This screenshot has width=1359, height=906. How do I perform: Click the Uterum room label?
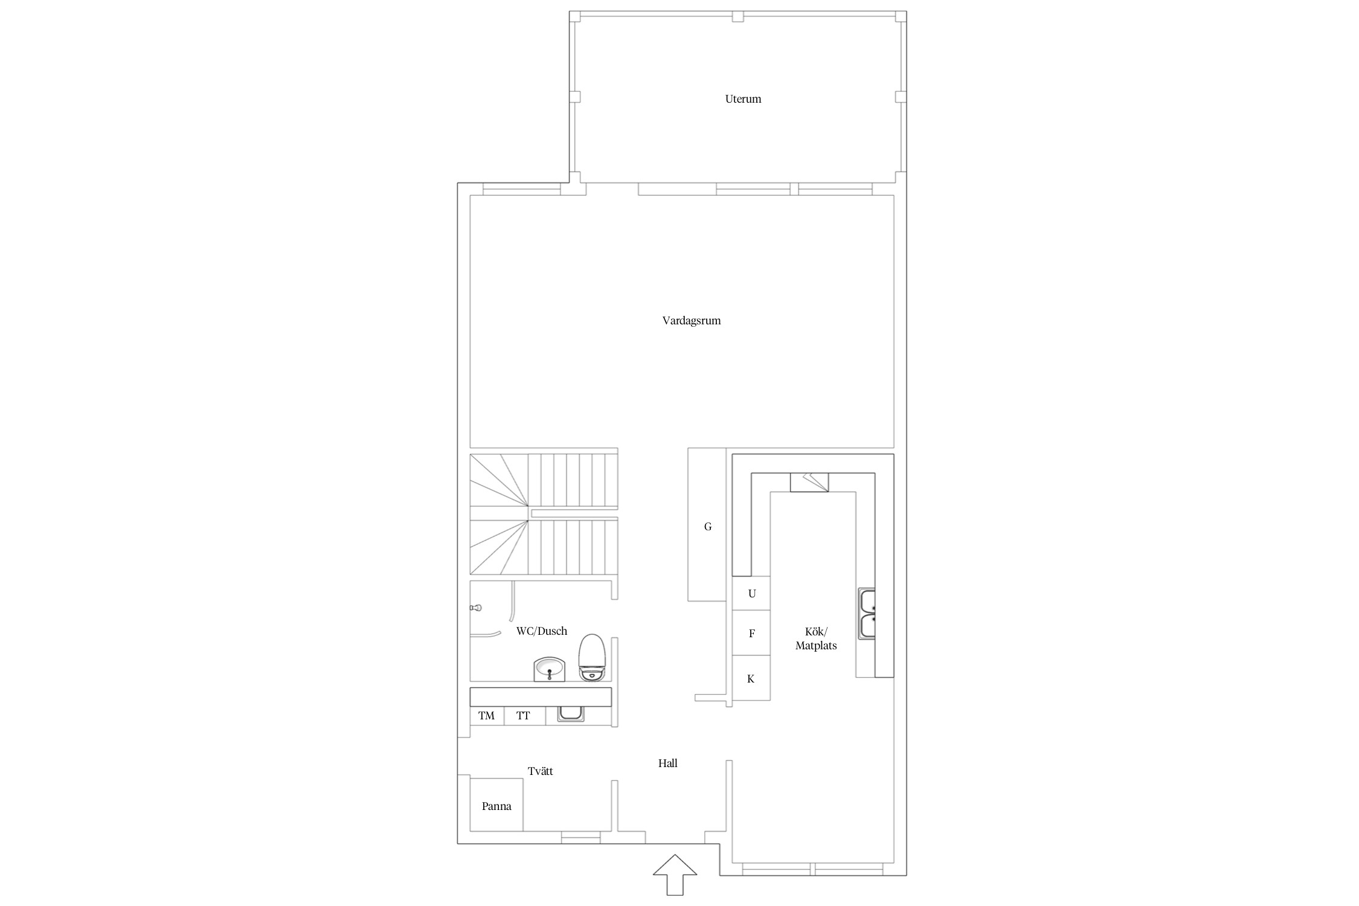click(743, 99)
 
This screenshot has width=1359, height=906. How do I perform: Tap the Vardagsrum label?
click(692, 321)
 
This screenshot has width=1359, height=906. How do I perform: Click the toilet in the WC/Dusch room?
click(592, 658)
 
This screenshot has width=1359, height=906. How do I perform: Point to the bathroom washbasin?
click(550, 670)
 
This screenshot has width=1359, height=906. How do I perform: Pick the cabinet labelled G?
click(707, 524)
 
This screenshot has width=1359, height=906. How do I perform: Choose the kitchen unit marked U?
click(751, 594)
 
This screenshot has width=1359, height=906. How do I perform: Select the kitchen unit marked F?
click(751, 634)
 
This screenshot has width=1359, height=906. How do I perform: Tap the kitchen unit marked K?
click(751, 678)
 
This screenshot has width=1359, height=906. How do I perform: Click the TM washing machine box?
click(487, 716)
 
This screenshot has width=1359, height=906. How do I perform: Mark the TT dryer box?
click(524, 716)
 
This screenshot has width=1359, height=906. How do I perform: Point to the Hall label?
click(668, 763)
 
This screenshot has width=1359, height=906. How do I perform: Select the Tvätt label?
click(540, 771)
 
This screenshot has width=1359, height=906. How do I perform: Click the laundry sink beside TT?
click(571, 713)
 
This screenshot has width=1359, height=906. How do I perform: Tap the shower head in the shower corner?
click(477, 608)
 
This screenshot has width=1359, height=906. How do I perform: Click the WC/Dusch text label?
click(542, 631)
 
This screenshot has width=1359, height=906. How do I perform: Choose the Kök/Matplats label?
click(816, 638)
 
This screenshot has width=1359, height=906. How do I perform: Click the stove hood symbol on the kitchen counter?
click(809, 483)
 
